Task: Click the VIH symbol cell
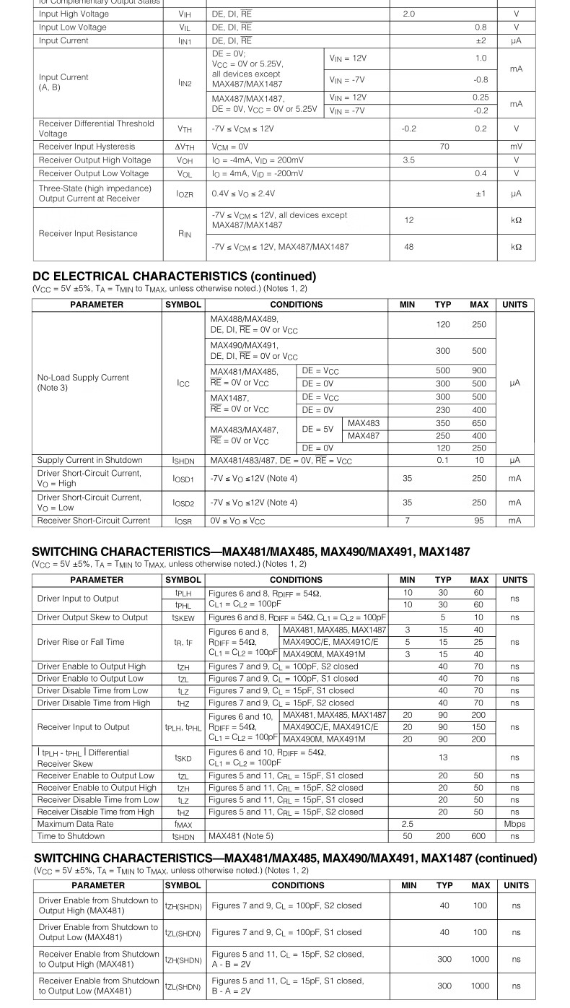[x=185, y=14]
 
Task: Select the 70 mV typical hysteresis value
[x=444, y=147]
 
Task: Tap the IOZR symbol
[x=185, y=194]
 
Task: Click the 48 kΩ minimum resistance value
[x=409, y=247]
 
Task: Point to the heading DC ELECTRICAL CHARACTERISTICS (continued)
[x=175, y=277]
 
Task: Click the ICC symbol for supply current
[x=184, y=383]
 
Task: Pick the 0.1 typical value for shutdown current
[x=442, y=460]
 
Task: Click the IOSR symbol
[x=184, y=521]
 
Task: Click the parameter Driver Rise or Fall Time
[x=81, y=642]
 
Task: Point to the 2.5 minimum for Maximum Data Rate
[x=408, y=824]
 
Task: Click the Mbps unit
[x=514, y=824]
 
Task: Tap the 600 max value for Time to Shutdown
[x=479, y=836]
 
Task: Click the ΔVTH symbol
[x=185, y=147]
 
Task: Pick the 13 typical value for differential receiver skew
[x=443, y=757]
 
